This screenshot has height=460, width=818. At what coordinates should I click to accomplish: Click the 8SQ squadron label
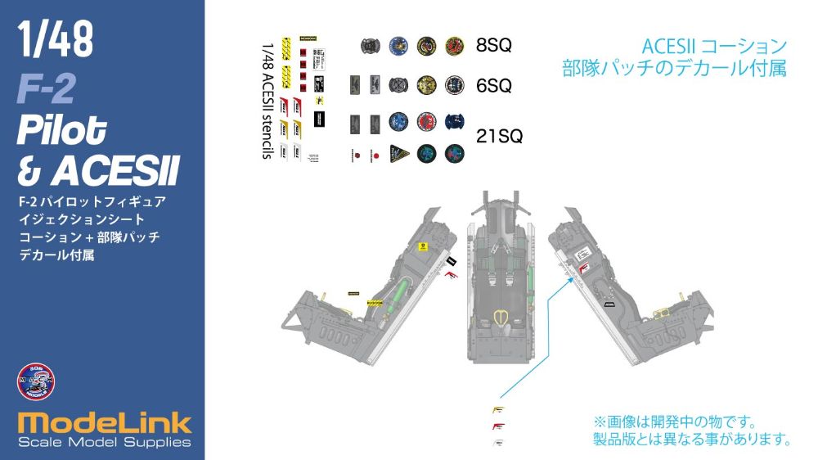[x=493, y=46]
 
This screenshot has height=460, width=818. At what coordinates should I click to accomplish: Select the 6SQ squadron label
[x=493, y=85]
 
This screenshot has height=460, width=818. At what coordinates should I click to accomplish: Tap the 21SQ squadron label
[x=498, y=137]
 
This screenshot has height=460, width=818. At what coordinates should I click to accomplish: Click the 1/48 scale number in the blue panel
[x=55, y=40]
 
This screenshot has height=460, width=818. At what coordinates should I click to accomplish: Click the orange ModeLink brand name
[x=104, y=423]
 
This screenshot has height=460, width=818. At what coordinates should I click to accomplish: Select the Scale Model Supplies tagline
[x=104, y=443]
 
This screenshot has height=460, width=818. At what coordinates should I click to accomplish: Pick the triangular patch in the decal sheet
[x=398, y=153]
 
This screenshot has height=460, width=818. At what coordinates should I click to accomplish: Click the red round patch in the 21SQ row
[x=425, y=122]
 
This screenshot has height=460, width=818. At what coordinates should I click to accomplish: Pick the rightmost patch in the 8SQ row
[x=454, y=46]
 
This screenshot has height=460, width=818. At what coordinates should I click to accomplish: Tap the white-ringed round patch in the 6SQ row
[x=454, y=84]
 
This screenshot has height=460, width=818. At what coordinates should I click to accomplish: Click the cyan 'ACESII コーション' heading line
[x=714, y=46]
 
